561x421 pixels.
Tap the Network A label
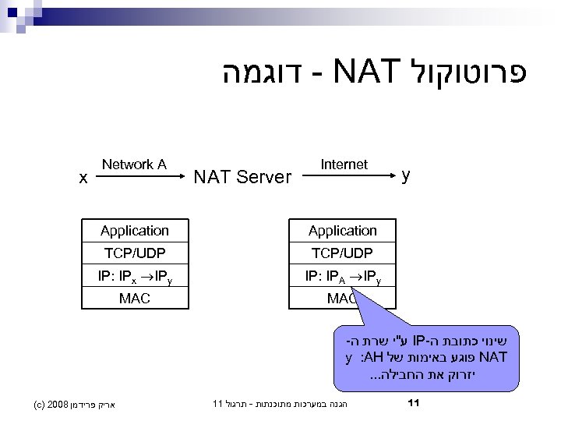pos(134,164)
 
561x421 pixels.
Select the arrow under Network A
pos(133,177)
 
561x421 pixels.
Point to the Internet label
pos(344,164)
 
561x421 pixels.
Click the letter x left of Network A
pos(83,178)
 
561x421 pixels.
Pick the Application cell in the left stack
pos(134,231)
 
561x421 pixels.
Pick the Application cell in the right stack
pos(342,231)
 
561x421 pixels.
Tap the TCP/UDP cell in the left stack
pos(134,253)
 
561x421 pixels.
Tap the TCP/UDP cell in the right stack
pos(342,253)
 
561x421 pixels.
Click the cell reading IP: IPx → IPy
pos(134,275)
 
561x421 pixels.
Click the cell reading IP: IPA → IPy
pos(342,275)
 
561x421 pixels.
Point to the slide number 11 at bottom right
pos(415,403)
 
